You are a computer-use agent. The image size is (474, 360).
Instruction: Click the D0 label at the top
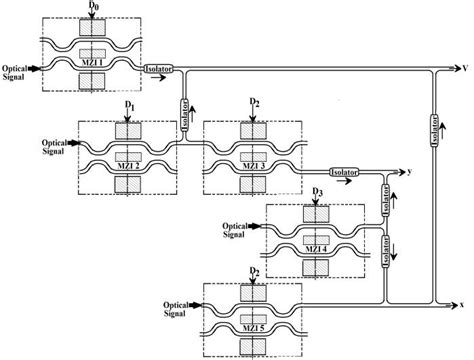point(93,7)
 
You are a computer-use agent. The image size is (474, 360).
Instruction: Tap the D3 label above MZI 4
point(317,190)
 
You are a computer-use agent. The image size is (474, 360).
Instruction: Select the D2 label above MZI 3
point(255,104)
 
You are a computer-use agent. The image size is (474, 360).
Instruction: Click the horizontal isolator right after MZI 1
point(160,68)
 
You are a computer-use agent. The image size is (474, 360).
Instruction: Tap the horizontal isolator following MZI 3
point(345,171)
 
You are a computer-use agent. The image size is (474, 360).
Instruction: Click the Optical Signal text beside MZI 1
point(17,73)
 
